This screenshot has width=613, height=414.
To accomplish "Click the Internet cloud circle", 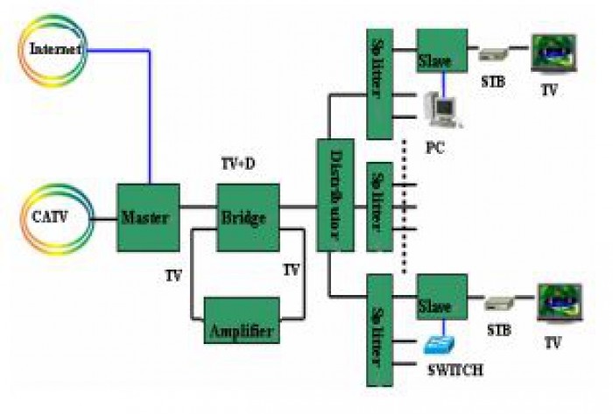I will coord(55,49).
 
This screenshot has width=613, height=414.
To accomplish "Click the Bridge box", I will coord(248,218).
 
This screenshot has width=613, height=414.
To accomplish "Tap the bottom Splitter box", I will coord(379,331).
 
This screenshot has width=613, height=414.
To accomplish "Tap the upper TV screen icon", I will coord(553,55).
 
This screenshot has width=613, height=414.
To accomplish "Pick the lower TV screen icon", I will coord(558,303).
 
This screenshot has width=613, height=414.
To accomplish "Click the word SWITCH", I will coord(454,370).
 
